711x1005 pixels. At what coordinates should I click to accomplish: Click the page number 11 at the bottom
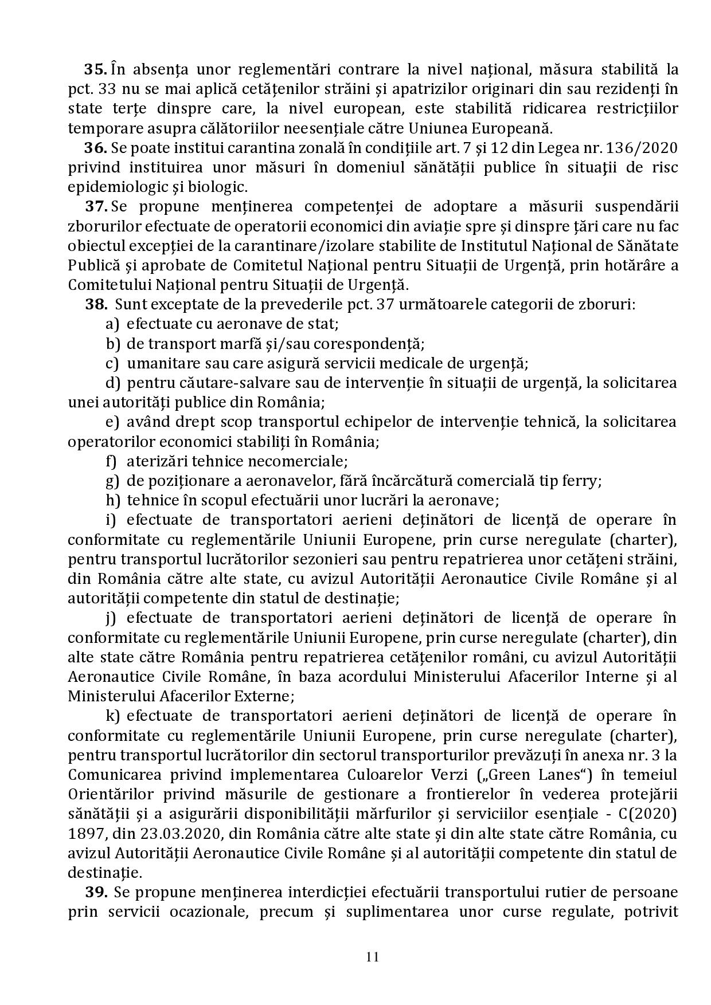pyautogui.click(x=372, y=956)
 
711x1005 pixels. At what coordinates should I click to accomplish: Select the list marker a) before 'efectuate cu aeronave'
pyautogui.click(x=112, y=324)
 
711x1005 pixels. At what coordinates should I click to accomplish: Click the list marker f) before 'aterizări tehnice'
pyautogui.click(x=111, y=461)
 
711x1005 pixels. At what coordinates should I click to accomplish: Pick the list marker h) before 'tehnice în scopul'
pyautogui.click(x=112, y=500)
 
